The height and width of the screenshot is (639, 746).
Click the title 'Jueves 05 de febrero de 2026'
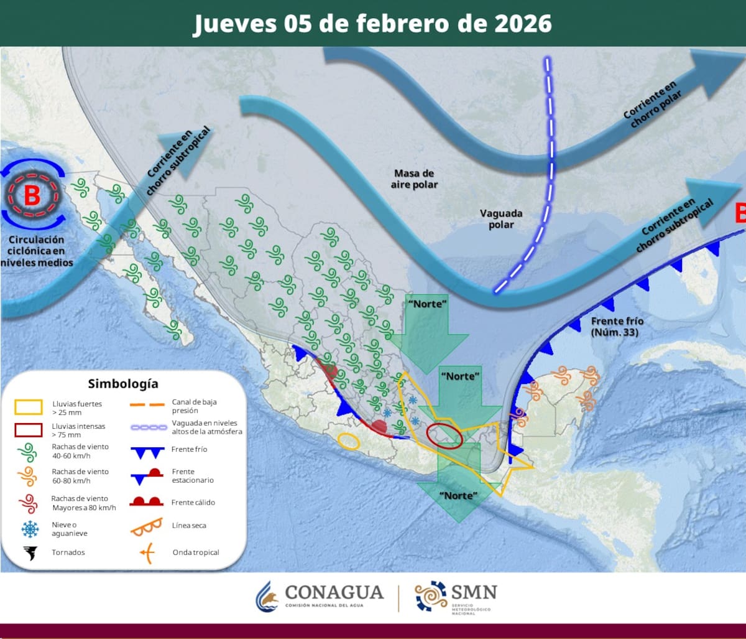click(372, 24)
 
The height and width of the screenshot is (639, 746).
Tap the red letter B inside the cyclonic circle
click(32, 195)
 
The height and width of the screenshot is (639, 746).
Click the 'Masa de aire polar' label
click(414, 179)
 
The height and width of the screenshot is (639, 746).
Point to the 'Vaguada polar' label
click(501, 218)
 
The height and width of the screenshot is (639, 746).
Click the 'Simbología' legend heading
click(123, 383)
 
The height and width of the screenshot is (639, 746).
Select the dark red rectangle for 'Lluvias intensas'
click(29, 430)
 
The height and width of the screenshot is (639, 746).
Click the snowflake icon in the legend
click(29, 529)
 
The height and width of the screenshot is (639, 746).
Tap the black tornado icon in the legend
click(29, 552)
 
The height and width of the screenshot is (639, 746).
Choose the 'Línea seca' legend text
click(189, 526)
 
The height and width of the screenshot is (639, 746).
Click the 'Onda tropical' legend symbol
click(147, 552)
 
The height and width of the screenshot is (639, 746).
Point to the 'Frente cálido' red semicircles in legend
click(147, 501)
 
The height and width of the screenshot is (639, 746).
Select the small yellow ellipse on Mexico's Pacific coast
click(348, 441)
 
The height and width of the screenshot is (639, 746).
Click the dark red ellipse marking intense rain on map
click(444, 436)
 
